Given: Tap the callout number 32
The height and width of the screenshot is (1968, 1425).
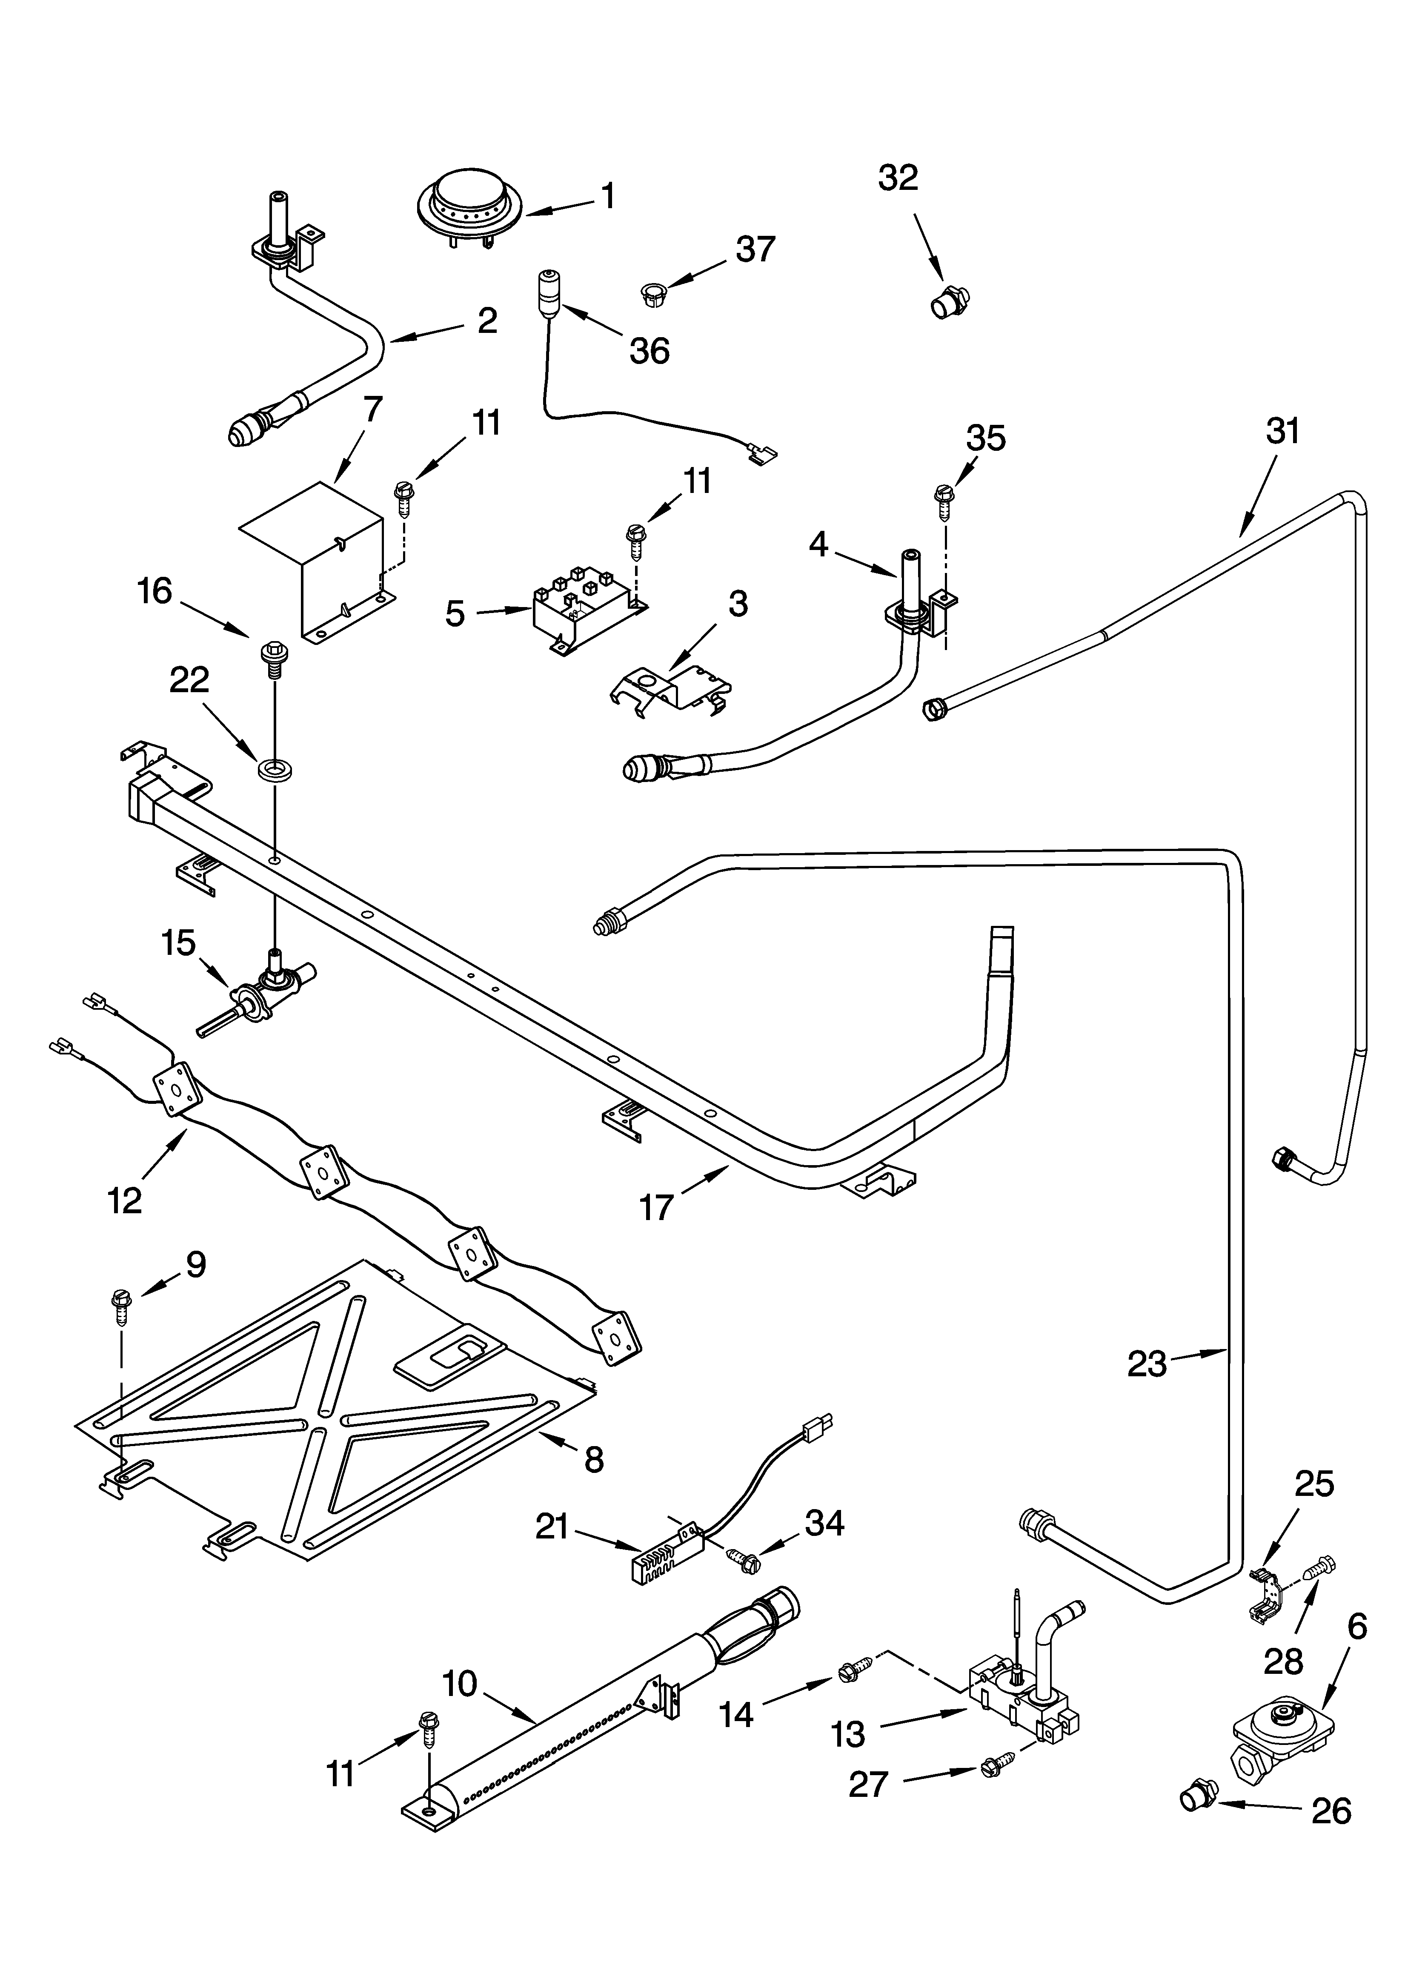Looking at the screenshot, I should coord(897,178).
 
